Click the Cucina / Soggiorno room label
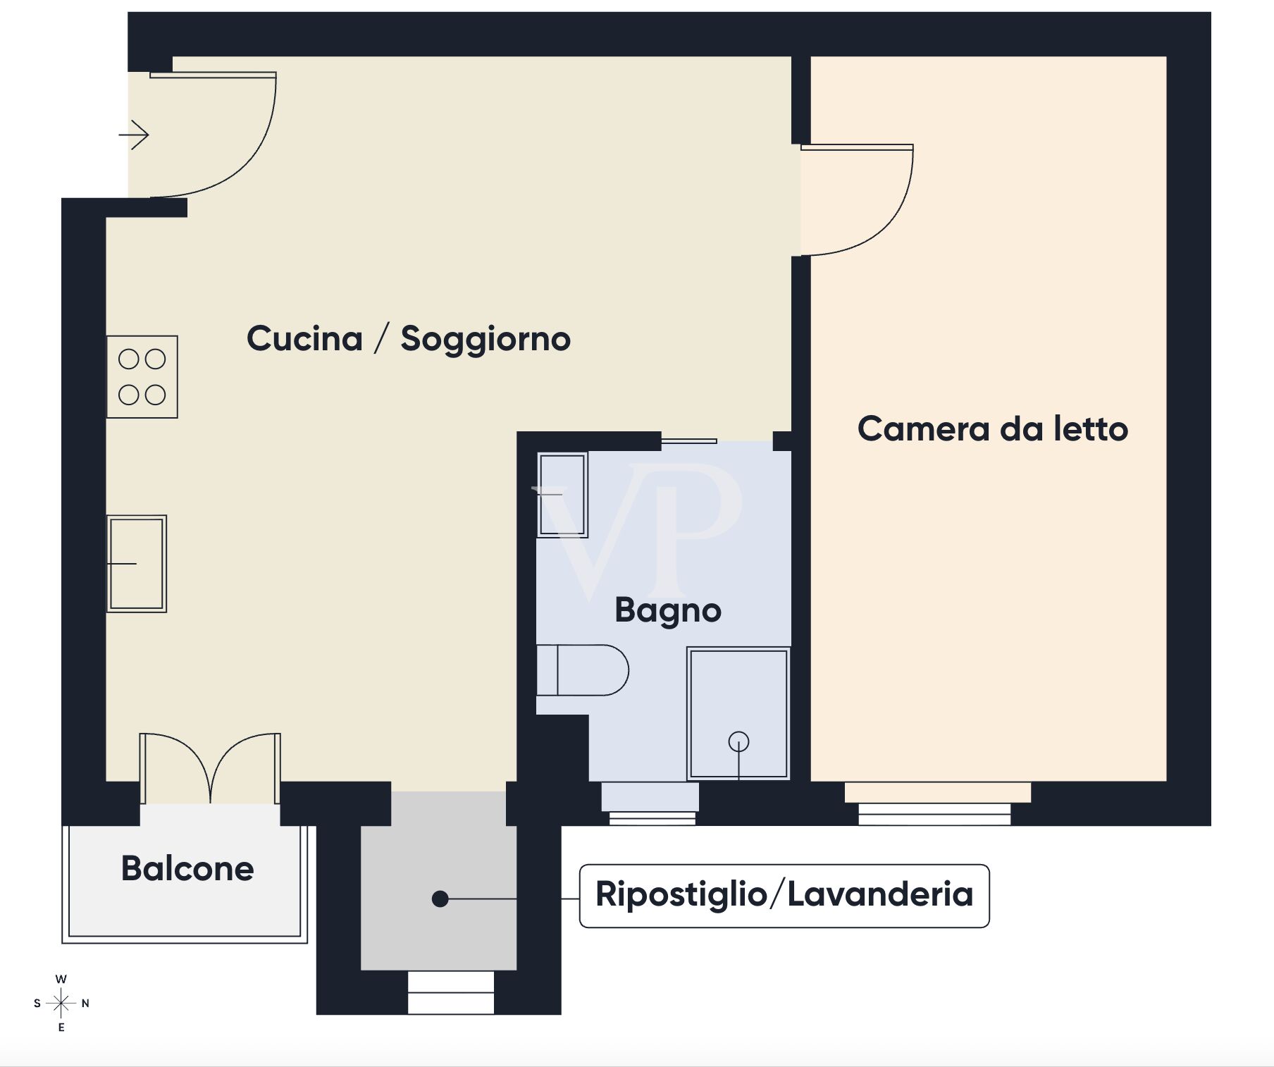[x=409, y=339]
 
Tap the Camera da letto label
[x=993, y=428]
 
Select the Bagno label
[x=668, y=610]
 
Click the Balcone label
[x=187, y=868]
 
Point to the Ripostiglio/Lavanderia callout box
[x=784, y=896]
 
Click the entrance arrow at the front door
[x=134, y=134]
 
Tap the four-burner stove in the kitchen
[x=142, y=377]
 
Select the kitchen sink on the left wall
[x=137, y=564]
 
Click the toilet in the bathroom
[x=582, y=670]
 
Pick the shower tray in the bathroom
[x=738, y=713]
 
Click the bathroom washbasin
[x=562, y=495]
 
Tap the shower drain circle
[x=738, y=741]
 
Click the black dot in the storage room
[x=440, y=899]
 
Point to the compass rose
[x=61, y=1003]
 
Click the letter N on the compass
[x=85, y=1004]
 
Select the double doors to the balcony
[x=210, y=768]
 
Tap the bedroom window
[x=935, y=814]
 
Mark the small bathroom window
[x=652, y=818]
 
